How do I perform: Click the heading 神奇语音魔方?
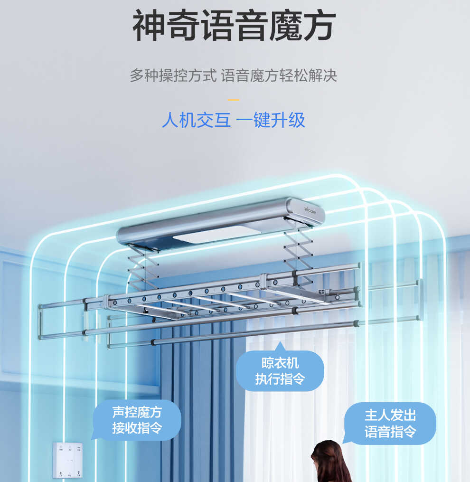pyautogui.click(x=234, y=26)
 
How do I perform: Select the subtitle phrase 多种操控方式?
pyautogui.click(x=173, y=76)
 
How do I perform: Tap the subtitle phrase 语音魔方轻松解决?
pyautogui.click(x=279, y=76)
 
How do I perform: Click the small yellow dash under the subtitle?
pyautogui.click(x=234, y=99)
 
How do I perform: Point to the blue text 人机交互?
pyautogui.click(x=197, y=120)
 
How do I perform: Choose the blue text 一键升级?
pyautogui.click(x=271, y=120)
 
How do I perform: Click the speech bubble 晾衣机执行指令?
pyautogui.click(x=280, y=371)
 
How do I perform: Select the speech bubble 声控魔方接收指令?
pyautogui.click(x=137, y=420)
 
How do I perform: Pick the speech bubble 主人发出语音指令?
pyautogui.click(x=390, y=423)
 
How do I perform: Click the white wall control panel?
pyautogui.click(x=68, y=460)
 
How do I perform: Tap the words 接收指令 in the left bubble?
pyautogui.click(x=137, y=428)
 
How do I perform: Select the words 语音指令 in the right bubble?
pyautogui.click(x=390, y=432)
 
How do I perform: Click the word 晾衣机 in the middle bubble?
pyautogui.click(x=280, y=363)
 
